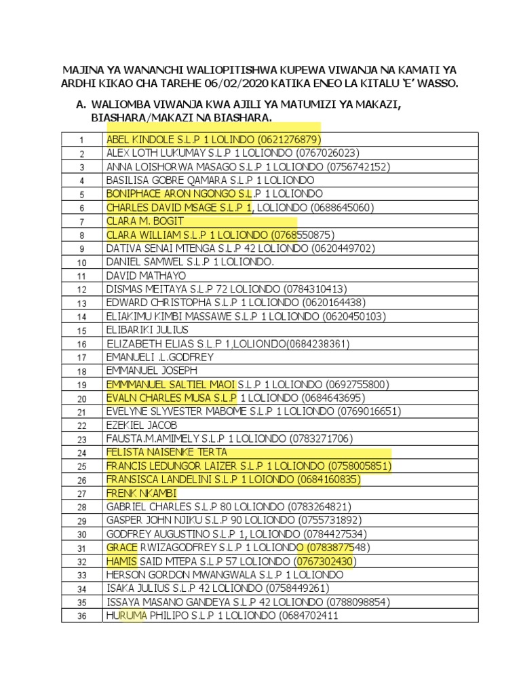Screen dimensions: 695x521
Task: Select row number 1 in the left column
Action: (x=81, y=140)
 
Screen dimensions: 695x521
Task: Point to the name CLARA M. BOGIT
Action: (x=145, y=221)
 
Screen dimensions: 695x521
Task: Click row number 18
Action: (x=81, y=371)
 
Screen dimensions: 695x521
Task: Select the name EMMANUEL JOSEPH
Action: (x=152, y=371)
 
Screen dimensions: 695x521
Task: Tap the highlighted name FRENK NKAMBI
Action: (x=141, y=493)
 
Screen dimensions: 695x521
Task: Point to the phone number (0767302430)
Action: (x=326, y=561)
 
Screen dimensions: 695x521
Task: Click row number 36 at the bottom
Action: (x=81, y=616)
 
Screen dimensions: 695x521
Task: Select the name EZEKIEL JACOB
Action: (x=142, y=425)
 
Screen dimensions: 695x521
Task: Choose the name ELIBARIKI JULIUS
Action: (x=147, y=330)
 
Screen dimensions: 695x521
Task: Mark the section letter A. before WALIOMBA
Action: (x=81, y=106)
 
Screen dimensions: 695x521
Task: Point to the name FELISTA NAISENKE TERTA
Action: (x=167, y=453)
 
